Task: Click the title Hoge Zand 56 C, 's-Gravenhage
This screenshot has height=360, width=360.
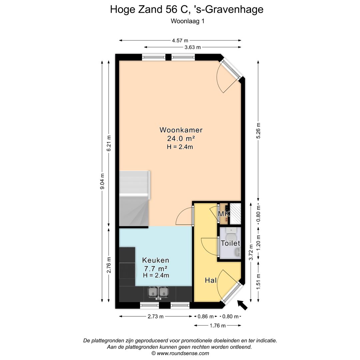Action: (x=187, y=9)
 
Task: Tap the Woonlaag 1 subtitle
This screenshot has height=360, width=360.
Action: (x=187, y=21)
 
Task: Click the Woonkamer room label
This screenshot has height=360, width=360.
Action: (x=181, y=130)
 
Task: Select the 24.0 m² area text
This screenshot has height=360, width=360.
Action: (x=181, y=139)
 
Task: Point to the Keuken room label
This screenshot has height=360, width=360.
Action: (x=156, y=260)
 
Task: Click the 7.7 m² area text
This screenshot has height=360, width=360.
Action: (x=156, y=268)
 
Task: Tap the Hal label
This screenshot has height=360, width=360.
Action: (x=211, y=281)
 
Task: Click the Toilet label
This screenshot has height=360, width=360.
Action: (x=230, y=243)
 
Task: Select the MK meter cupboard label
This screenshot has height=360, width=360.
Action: (x=224, y=214)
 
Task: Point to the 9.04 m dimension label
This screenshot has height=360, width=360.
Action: (x=102, y=181)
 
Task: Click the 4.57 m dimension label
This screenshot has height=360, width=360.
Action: (x=180, y=41)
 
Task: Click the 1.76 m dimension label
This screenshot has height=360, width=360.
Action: (x=217, y=326)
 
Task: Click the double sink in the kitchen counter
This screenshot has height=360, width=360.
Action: (x=158, y=292)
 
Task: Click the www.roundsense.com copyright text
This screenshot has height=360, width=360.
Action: (x=180, y=353)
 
